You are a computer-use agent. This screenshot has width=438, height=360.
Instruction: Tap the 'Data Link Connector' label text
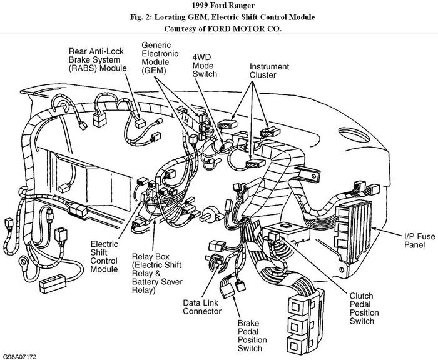tap(203, 307)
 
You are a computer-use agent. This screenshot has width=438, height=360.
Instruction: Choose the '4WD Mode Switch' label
tap(205, 65)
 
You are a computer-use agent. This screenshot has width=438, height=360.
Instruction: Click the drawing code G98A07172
tap(19, 356)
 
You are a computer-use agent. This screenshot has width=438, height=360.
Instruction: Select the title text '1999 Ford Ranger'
tap(218, 6)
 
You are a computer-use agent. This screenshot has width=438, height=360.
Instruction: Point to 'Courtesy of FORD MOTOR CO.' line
tap(218, 28)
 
